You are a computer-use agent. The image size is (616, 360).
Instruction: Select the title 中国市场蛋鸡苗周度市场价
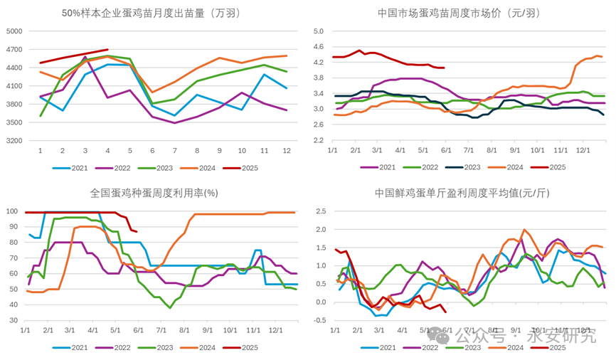coord(467,13)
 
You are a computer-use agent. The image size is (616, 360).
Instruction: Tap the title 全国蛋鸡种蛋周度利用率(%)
coord(154,193)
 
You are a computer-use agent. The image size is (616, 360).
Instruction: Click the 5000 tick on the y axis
coord(15,31)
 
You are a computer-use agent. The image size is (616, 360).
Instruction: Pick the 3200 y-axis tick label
coord(15,140)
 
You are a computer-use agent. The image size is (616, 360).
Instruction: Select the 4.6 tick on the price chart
coord(318,47)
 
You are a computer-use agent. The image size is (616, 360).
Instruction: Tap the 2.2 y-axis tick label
coord(318,140)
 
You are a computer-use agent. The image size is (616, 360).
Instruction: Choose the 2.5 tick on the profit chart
coord(318,211)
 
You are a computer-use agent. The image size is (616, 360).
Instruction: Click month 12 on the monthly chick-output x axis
coord(286,151)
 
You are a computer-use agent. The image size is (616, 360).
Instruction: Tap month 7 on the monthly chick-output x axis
coord(174,151)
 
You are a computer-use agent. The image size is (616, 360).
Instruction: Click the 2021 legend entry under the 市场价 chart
coord(386,166)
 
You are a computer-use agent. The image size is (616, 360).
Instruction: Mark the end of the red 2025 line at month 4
coord(107,50)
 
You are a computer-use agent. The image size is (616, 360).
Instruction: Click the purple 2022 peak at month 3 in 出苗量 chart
coord(85,57)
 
